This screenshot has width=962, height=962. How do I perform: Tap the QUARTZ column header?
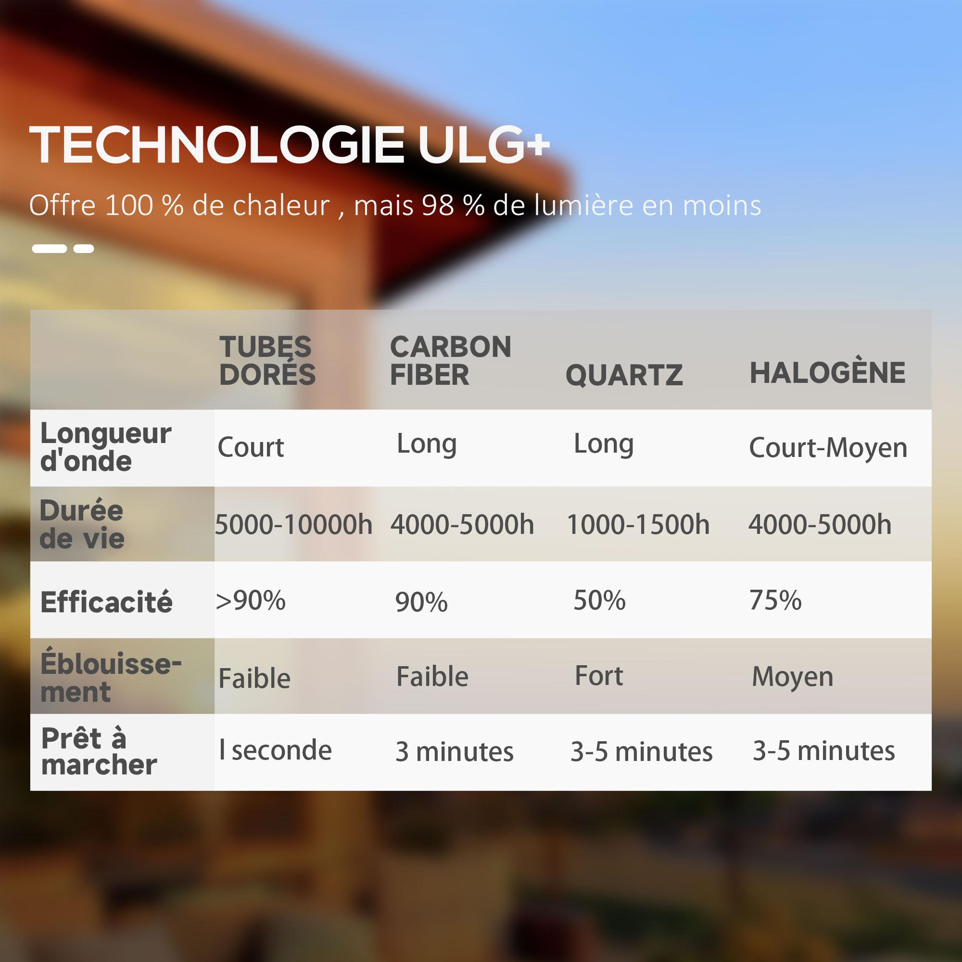pyautogui.click(x=624, y=375)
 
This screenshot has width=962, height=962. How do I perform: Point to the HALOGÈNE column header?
pyautogui.click(x=827, y=371)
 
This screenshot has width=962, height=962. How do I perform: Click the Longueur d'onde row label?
pyautogui.click(x=105, y=447)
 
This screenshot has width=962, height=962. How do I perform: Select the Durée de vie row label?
pyautogui.click(x=82, y=524)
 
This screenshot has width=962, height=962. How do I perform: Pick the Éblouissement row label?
pyautogui.click(x=111, y=678)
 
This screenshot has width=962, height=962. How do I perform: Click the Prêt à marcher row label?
pyautogui.click(x=99, y=751)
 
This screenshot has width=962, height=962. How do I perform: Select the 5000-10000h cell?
pyautogui.click(x=294, y=524)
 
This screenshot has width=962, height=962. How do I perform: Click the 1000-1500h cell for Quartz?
pyautogui.click(x=638, y=524)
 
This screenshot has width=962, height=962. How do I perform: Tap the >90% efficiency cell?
pyautogui.click(x=251, y=600)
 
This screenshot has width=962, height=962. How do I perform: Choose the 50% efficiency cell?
pyautogui.click(x=599, y=600)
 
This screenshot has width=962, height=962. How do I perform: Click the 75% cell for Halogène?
pyautogui.click(x=775, y=600)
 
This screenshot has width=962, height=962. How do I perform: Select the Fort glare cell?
pyautogui.click(x=598, y=676)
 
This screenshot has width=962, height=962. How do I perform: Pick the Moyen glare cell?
pyautogui.click(x=792, y=677)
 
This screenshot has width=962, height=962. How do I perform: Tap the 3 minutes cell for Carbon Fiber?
pyautogui.click(x=454, y=751)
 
